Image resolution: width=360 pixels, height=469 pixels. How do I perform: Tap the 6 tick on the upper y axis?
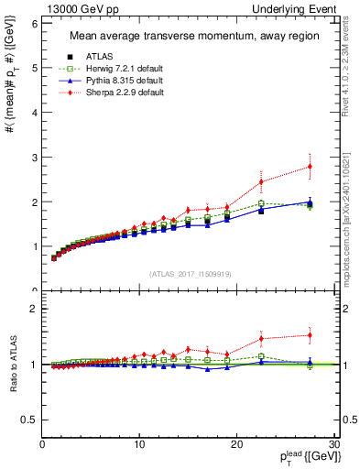[34, 23]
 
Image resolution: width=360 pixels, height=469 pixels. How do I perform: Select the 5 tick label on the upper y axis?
[34, 68]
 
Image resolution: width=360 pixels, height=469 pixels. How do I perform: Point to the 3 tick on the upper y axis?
[34, 157]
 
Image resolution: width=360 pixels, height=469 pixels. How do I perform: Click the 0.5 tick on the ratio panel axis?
[29, 420]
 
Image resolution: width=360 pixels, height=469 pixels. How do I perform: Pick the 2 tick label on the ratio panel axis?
[34, 309]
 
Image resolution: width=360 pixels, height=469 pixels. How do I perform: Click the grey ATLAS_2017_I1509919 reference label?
[190, 272]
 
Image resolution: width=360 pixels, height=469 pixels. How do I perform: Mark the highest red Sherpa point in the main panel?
[310, 166]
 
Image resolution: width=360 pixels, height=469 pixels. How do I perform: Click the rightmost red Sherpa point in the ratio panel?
[310, 335]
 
